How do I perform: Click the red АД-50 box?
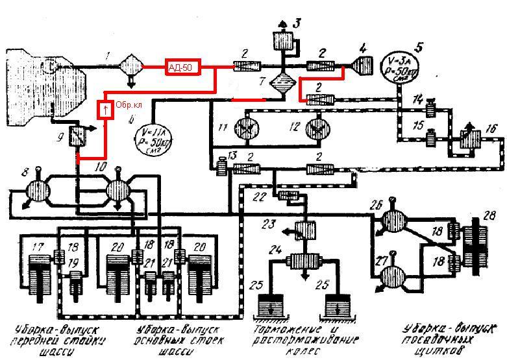(x=182, y=67)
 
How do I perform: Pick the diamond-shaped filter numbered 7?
(x=282, y=85)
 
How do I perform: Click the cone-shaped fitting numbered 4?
(x=362, y=66)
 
